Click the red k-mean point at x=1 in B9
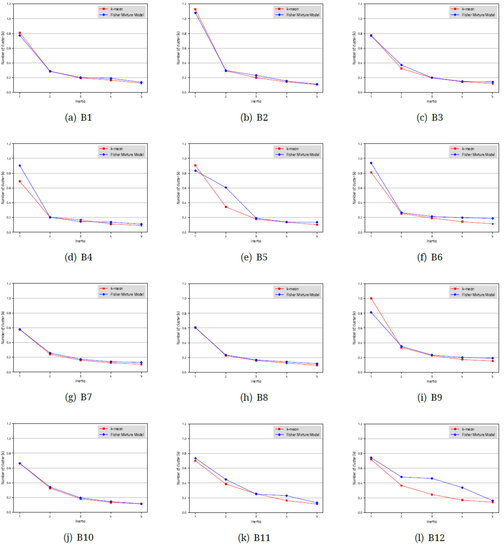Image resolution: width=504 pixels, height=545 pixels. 371,298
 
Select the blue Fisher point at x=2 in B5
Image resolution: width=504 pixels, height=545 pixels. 226,188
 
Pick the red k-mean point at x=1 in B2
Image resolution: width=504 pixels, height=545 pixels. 195,9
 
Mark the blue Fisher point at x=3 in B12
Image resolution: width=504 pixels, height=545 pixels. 432,478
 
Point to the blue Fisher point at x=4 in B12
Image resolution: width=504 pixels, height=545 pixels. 462,487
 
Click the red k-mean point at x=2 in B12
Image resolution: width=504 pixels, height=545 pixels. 401,485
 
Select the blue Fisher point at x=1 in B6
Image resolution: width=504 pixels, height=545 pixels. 371,163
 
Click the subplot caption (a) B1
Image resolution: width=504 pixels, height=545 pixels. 79,117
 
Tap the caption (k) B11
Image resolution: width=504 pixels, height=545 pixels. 254,537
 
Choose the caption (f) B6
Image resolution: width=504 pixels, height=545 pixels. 430,257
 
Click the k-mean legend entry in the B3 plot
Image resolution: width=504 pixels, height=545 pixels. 468,9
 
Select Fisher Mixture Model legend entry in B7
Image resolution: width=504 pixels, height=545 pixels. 127,294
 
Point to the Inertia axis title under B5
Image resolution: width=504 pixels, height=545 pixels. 256,241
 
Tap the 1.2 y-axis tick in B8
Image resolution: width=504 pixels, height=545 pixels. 184,284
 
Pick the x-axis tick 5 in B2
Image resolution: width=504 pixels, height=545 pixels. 317,97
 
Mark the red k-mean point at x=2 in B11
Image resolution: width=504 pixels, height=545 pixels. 226,484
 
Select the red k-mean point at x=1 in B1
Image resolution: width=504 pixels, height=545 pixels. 20,33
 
